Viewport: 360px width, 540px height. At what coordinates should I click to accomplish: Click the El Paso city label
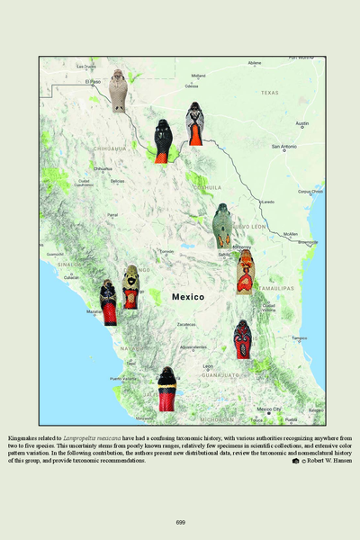coord(94,81)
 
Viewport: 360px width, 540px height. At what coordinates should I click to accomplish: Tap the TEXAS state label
coord(270,92)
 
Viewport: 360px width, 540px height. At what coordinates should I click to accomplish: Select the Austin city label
coord(302,123)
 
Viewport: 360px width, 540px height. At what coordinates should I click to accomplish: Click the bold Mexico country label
coord(187,296)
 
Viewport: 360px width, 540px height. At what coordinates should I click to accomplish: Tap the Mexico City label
coord(269,409)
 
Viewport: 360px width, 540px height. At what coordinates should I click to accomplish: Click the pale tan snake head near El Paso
coord(119,88)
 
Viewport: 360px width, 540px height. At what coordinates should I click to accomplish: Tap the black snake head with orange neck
coord(162,140)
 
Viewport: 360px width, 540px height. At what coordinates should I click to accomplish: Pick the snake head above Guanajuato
coord(242,338)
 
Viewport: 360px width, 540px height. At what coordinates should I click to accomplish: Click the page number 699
coord(180,522)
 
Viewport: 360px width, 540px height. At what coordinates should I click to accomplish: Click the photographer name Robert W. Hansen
coord(330,461)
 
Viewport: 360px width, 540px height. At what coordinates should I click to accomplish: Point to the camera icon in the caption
coord(295,461)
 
